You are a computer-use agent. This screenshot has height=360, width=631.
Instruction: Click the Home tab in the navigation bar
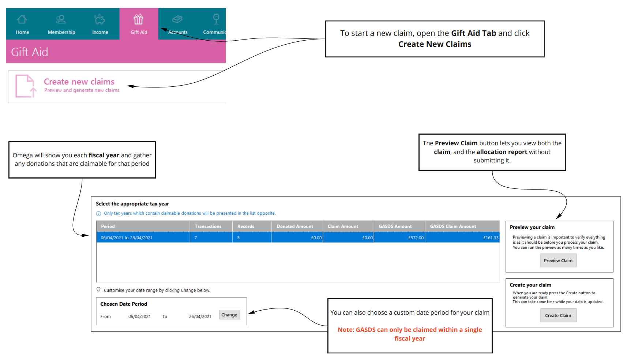pos(22,24)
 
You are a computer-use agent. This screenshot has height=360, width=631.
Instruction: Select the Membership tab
pos(61,24)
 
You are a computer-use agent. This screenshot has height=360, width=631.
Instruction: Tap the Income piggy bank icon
pos(99,19)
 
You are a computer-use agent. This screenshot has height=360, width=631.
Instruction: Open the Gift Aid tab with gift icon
pos(139,24)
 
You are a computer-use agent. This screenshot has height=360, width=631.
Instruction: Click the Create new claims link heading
pos(79,82)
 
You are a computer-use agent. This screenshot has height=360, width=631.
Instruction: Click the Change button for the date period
pos(229,315)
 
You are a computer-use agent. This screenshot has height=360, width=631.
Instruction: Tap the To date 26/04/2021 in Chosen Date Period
pos(200,317)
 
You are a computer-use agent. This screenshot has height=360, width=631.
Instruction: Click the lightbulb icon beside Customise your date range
pos(98,290)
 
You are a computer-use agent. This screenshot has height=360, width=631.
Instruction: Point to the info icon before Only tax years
pos(98,214)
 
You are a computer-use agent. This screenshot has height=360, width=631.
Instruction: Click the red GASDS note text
pos(410,334)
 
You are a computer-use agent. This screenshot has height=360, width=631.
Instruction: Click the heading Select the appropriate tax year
pos(132,204)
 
